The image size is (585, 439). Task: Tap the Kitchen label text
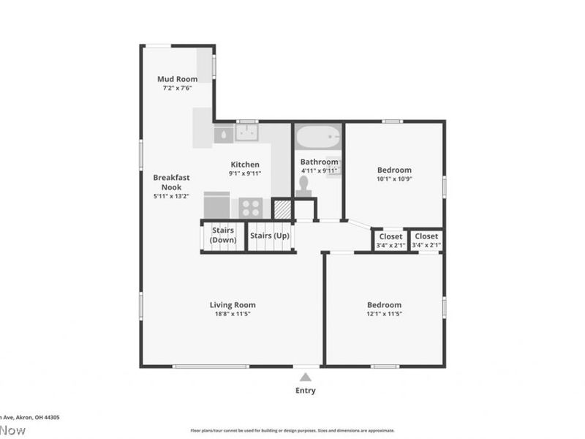245,165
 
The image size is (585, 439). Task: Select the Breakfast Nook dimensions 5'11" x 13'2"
171,196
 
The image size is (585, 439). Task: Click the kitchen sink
246,132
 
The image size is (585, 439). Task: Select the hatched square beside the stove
282,209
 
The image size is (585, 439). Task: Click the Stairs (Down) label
223,235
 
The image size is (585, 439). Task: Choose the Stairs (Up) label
269,236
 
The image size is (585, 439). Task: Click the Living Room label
233,305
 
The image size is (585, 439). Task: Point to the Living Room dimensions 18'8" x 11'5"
233,314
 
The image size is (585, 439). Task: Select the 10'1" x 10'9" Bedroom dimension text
394,179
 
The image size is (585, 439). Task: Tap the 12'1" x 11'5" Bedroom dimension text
384,314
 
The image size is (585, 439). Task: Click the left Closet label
390,236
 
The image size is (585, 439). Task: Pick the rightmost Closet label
426,236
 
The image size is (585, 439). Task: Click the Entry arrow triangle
306,377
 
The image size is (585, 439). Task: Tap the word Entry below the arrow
306,391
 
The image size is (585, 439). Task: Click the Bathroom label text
320,162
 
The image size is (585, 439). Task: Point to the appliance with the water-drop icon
223,134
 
